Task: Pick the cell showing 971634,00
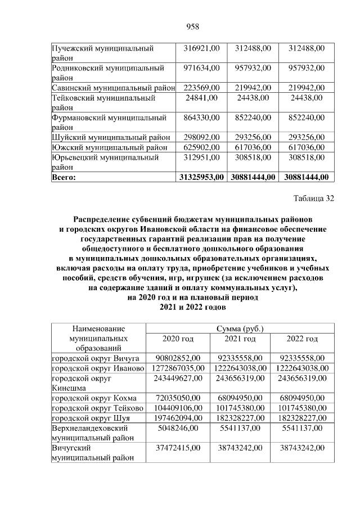click(201, 68)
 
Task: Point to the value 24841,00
click(201, 98)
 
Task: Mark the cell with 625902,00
click(201, 147)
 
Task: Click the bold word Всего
click(64, 177)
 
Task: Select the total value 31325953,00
click(201, 177)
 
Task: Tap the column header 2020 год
click(178, 339)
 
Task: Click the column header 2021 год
click(240, 339)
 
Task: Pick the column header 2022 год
click(302, 339)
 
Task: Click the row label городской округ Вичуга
click(95, 358)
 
